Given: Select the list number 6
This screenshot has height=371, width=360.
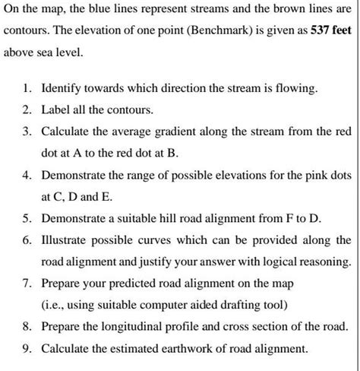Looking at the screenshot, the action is (x=26, y=240).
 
